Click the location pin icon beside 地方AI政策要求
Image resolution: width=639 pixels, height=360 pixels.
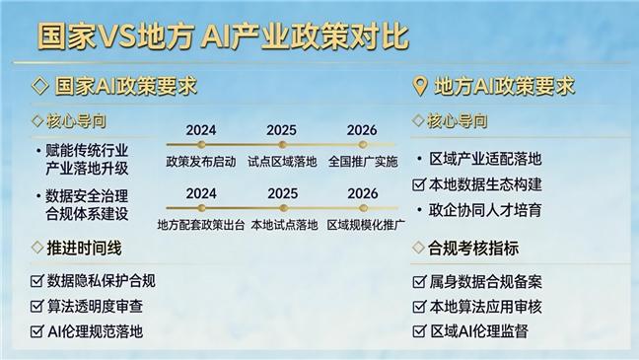(x=420, y=86)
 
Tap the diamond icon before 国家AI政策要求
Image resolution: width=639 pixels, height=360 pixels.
(x=40, y=86)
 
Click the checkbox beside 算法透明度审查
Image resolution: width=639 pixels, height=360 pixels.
(x=37, y=306)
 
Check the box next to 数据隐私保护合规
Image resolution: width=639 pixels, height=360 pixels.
(x=37, y=281)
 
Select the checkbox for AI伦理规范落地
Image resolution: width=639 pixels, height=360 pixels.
(x=37, y=331)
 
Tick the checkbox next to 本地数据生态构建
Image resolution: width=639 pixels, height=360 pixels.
(x=419, y=183)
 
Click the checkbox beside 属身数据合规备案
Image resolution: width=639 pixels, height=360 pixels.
(x=419, y=282)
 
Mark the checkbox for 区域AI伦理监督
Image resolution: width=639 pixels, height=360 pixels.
(x=419, y=331)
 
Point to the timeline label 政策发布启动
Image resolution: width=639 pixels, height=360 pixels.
(x=201, y=161)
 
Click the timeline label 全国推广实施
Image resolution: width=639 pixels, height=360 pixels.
(x=362, y=161)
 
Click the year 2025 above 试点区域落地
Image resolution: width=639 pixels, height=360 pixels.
(x=282, y=129)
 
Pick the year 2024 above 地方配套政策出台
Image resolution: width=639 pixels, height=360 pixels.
(x=201, y=192)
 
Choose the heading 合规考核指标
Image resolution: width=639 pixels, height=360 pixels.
(x=473, y=249)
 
